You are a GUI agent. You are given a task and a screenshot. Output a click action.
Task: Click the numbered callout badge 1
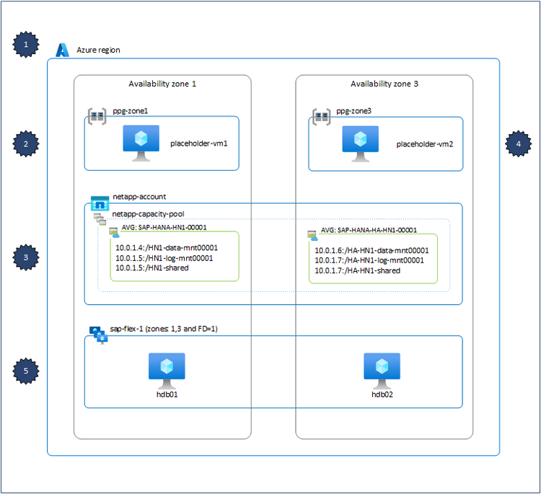coord(27,45)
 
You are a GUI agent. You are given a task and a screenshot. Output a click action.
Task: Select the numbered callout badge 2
coord(27,144)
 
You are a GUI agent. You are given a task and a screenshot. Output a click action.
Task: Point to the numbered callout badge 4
coord(517,144)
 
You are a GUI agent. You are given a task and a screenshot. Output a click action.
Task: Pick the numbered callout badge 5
coord(27,371)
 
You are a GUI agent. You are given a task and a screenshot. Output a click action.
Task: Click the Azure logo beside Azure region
coord(63,50)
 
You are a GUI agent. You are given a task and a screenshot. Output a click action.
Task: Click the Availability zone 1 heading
coord(162,84)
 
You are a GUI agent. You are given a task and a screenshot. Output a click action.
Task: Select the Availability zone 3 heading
coord(384,84)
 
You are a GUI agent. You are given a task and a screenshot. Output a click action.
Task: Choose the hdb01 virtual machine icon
coord(167,369)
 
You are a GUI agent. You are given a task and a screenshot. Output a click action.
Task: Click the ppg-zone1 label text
coord(131,112)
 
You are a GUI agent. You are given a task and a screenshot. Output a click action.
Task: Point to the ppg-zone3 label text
coord(355,112)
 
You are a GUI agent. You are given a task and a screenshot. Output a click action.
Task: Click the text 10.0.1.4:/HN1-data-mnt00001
coord(167,247)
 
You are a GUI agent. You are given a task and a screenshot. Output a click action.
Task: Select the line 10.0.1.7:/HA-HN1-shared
coord(357,270)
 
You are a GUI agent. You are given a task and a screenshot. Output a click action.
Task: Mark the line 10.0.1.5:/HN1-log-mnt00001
coord(164,257)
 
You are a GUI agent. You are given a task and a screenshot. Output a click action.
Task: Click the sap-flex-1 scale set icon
coord(97,331)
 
